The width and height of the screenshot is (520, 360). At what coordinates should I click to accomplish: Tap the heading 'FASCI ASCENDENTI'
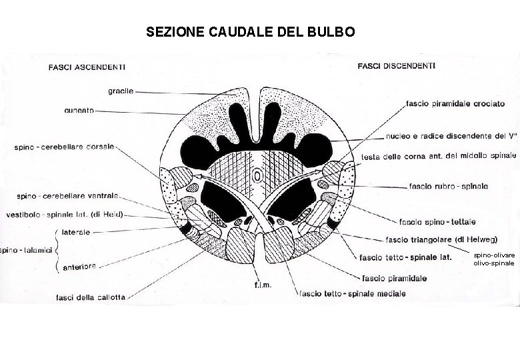coord(89,67)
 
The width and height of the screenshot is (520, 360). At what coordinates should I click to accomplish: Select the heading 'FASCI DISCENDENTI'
coord(397,66)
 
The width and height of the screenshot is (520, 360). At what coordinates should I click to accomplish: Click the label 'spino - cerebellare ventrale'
coord(67,196)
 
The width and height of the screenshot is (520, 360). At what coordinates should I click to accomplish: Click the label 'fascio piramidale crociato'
coord(455,104)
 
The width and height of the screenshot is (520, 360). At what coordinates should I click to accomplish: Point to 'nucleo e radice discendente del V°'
coord(450,137)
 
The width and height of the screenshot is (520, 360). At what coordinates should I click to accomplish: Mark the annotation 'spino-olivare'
coord(493,255)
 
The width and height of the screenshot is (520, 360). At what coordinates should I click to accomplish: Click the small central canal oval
coord(257,175)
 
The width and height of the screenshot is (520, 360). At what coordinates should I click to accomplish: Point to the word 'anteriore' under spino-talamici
coord(79,267)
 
